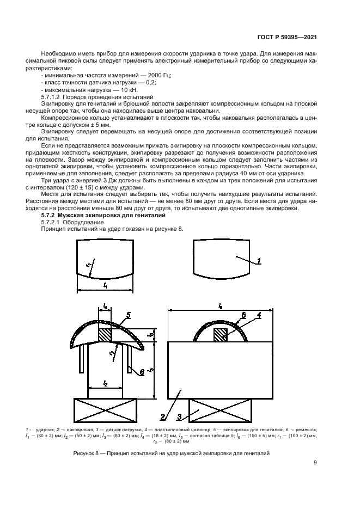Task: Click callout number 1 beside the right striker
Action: pos(259,261)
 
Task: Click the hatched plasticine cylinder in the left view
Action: pos(105,333)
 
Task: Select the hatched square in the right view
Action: pos(221,335)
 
